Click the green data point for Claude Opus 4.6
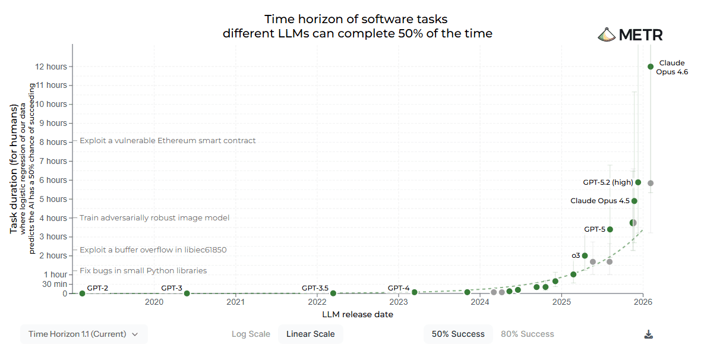tap(651, 67)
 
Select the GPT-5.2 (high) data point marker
tap(638, 182)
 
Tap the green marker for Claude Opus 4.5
tap(634, 201)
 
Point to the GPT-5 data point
tap(610, 229)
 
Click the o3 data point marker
tap(585, 255)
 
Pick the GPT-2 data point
tap(82, 293)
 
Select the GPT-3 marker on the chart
tap(187, 293)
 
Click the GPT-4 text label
tap(399, 288)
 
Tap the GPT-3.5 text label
tap(315, 288)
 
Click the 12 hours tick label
tap(50, 67)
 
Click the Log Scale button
tap(251, 334)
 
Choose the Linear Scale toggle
tap(310, 334)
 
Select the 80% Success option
tap(527, 334)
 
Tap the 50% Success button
tap(458, 334)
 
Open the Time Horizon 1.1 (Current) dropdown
tap(84, 334)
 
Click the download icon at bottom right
tap(649, 334)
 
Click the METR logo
tap(630, 34)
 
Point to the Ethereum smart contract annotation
tap(168, 141)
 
